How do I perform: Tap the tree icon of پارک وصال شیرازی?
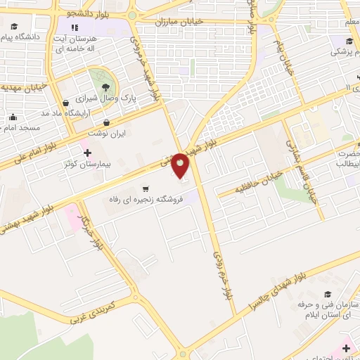(x=105, y=86)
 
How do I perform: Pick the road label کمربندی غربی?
(x=103, y=309)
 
